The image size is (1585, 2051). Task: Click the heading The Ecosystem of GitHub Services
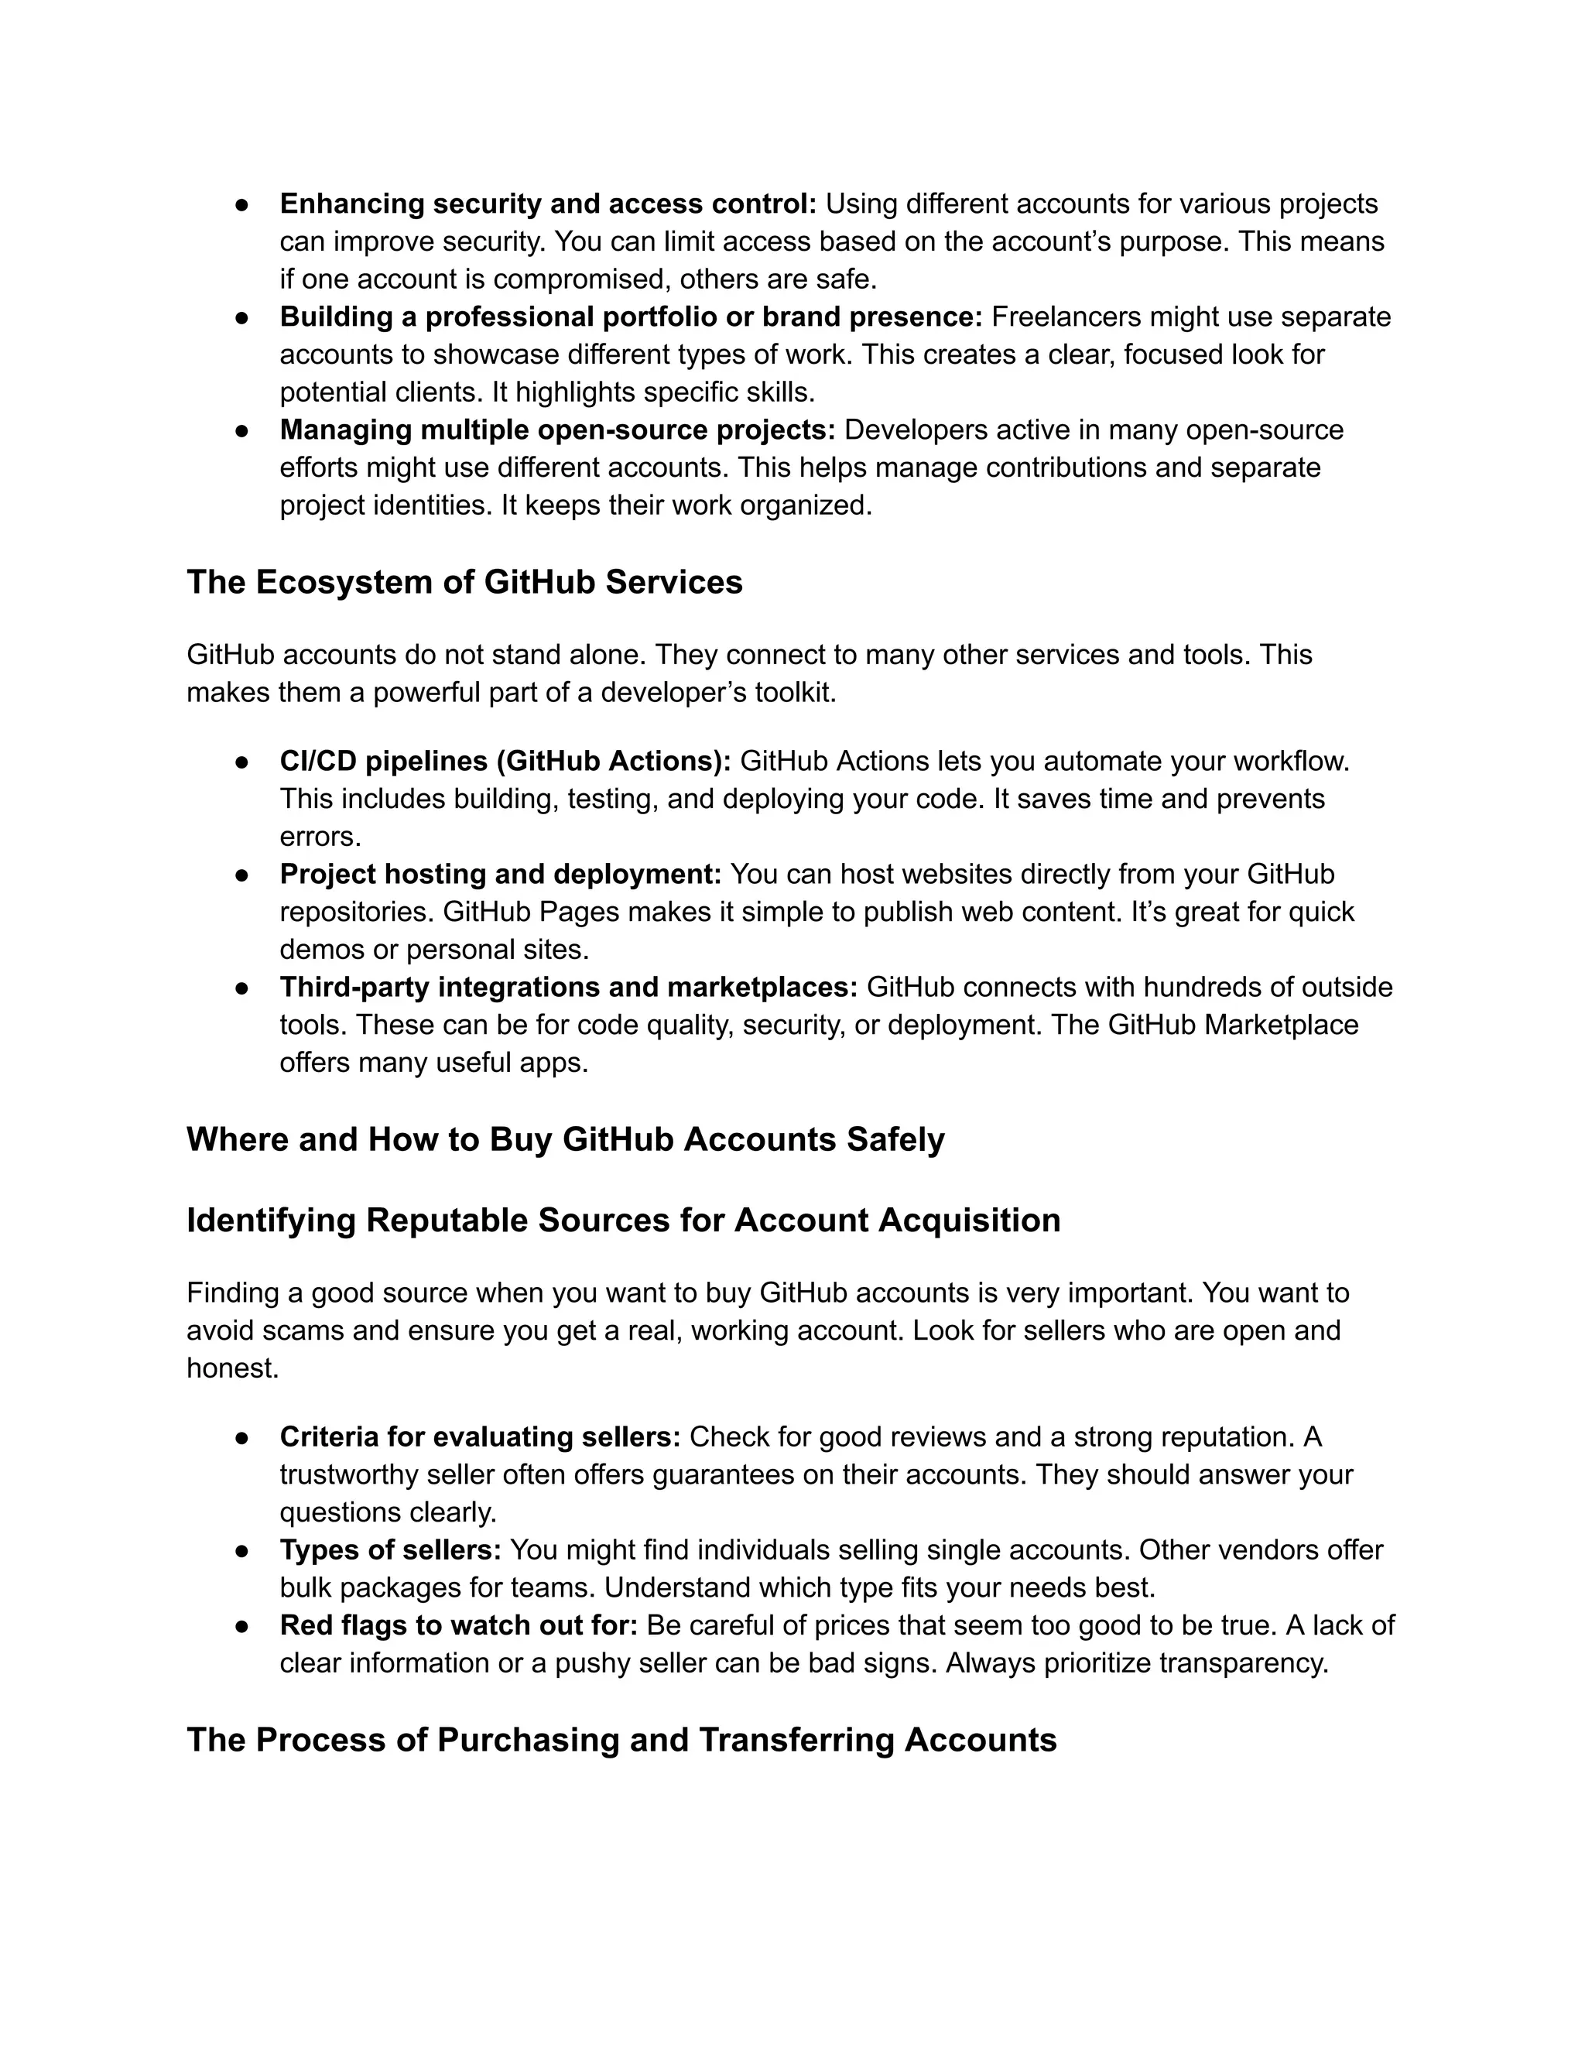click(464, 582)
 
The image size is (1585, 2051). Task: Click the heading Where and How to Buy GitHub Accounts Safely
click(565, 1139)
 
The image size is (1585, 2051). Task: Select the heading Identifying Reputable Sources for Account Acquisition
click(624, 1220)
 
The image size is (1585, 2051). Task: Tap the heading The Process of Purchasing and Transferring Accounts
click(621, 1739)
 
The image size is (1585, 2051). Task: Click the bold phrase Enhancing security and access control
click(547, 204)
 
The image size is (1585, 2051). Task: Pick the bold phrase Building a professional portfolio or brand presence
click(630, 317)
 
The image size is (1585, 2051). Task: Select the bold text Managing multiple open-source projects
click(556, 430)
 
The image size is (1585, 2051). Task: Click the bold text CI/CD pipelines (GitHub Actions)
click(505, 761)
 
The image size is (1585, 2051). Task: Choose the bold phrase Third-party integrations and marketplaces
click(568, 987)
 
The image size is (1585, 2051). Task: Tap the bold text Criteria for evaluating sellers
click(480, 1436)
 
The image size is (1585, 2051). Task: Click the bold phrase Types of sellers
click(390, 1549)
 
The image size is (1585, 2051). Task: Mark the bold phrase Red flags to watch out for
click(458, 1625)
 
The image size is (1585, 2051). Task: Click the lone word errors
click(320, 836)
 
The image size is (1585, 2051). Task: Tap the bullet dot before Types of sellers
click(241, 1550)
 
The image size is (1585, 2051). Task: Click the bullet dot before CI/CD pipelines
click(241, 762)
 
